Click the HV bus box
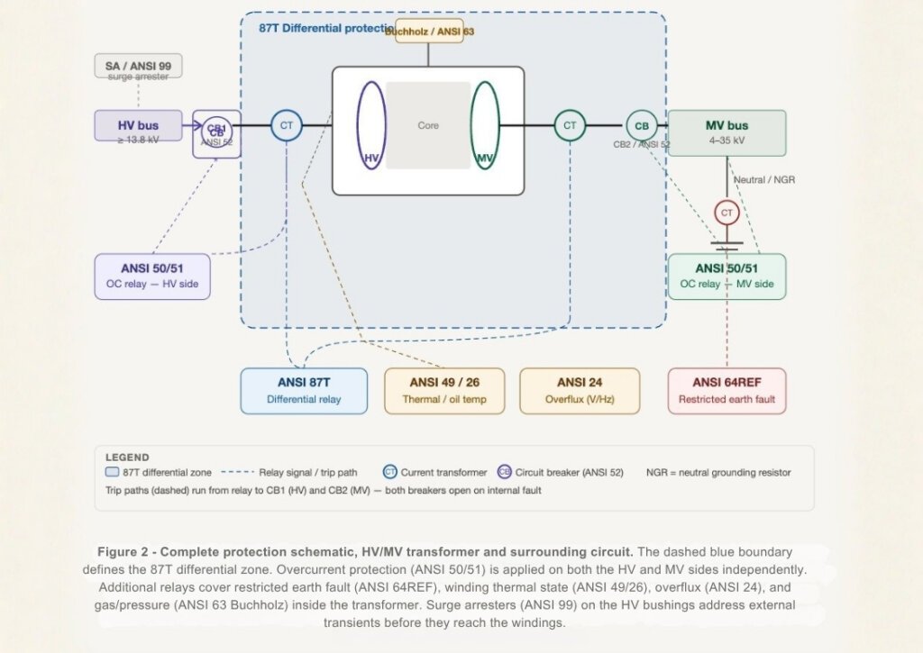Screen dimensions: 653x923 click(x=138, y=125)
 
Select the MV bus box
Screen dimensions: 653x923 click(x=727, y=132)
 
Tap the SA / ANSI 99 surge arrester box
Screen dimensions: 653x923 click(x=138, y=66)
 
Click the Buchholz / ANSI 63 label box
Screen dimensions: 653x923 click(x=429, y=31)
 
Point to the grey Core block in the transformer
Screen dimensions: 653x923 click(x=428, y=125)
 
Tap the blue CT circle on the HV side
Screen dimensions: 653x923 click(x=287, y=125)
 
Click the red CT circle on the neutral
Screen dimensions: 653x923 click(x=727, y=213)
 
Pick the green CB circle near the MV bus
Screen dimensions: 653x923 click(x=641, y=125)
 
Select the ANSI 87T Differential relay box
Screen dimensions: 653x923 click(x=304, y=390)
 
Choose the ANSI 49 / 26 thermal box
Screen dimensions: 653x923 click(x=444, y=390)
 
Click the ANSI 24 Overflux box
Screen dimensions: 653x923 click(x=580, y=390)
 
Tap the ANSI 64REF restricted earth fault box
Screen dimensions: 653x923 click(x=727, y=390)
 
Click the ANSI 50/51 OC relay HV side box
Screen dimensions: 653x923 click(x=151, y=276)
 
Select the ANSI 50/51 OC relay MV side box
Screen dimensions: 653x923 click(x=727, y=276)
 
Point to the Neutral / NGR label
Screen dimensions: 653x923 click(x=764, y=180)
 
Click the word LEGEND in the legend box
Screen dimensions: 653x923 click(x=127, y=458)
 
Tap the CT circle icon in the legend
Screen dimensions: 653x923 click(x=390, y=472)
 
